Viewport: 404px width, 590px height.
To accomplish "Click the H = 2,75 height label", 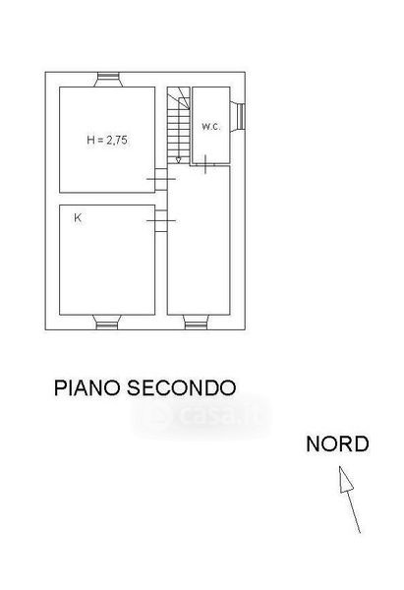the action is coord(107,140).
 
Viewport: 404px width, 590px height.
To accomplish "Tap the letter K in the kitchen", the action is coord(78,218).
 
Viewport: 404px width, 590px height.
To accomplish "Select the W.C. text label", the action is coord(211,127).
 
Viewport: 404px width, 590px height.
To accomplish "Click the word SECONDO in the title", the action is coord(181,387).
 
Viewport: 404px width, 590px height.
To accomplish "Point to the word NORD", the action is coord(337,444).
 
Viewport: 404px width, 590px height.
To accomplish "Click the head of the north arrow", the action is coord(345,480).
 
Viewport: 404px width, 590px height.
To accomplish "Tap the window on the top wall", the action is coord(108,80).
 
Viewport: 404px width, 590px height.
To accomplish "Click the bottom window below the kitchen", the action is coord(107,323).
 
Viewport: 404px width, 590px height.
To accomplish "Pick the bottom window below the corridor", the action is coord(196,323).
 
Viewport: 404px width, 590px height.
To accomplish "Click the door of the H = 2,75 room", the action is coord(161,179).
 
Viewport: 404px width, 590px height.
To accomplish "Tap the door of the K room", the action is coord(161,220).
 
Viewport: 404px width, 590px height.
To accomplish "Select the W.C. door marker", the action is coord(205,164).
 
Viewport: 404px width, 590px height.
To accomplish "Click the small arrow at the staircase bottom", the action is coord(178,159).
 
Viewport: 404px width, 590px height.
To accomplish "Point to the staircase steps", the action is coord(179,125).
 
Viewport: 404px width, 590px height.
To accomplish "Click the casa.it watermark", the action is coord(202,416).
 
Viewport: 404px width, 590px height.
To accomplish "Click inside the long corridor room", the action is coord(199,241).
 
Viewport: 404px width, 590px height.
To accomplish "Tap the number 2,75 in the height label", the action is coord(117,141).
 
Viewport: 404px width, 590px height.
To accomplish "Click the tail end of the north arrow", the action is coord(360,533).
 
